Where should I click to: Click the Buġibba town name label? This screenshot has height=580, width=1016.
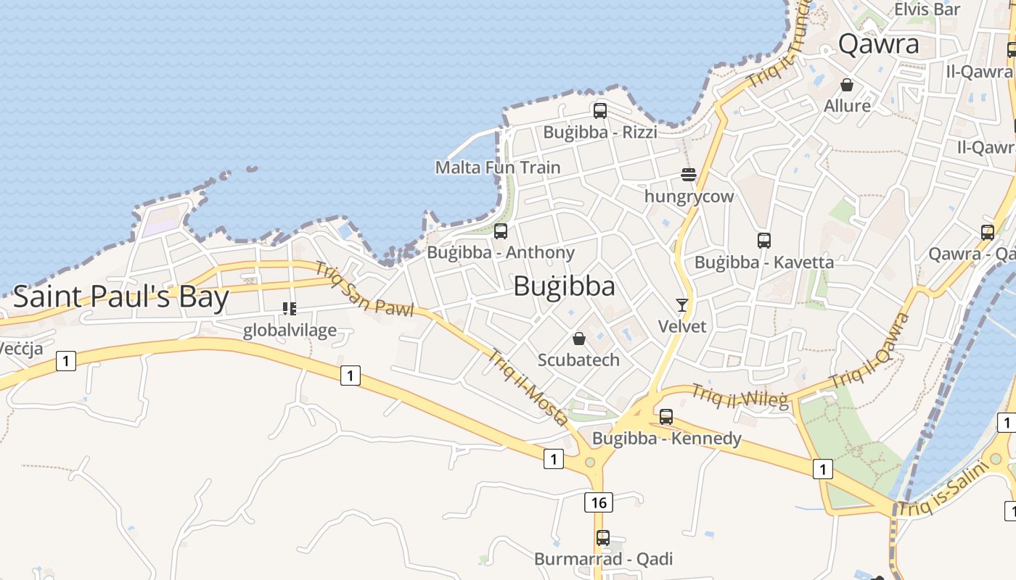pyautogui.click(x=564, y=286)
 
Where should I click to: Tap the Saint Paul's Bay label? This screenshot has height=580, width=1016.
pyautogui.click(x=121, y=297)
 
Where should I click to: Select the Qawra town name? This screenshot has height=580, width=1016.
pyautogui.click(x=878, y=44)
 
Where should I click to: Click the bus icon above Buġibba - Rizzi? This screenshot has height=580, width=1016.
pyautogui.click(x=600, y=111)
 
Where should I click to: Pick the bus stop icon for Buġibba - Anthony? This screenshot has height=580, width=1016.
pyautogui.click(x=501, y=231)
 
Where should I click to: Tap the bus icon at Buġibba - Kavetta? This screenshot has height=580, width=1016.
pyautogui.click(x=763, y=241)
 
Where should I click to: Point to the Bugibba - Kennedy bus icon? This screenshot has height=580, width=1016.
pyautogui.click(x=666, y=417)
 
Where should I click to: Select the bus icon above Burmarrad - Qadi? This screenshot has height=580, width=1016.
pyautogui.click(x=603, y=538)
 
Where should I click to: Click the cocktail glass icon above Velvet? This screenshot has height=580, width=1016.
pyautogui.click(x=682, y=304)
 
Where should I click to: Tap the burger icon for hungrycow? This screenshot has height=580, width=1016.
pyautogui.click(x=689, y=175)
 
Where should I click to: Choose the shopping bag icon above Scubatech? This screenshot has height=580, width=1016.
pyautogui.click(x=579, y=339)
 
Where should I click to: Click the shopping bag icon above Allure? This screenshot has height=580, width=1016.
pyautogui.click(x=847, y=85)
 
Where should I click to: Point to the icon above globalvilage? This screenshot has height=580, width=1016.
pyautogui.click(x=290, y=309)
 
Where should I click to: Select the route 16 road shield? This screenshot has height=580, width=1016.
pyautogui.click(x=598, y=502)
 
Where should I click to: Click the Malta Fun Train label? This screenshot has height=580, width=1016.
pyautogui.click(x=498, y=167)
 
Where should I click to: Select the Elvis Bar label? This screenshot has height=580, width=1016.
pyautogui.click(x=927, y=9)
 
